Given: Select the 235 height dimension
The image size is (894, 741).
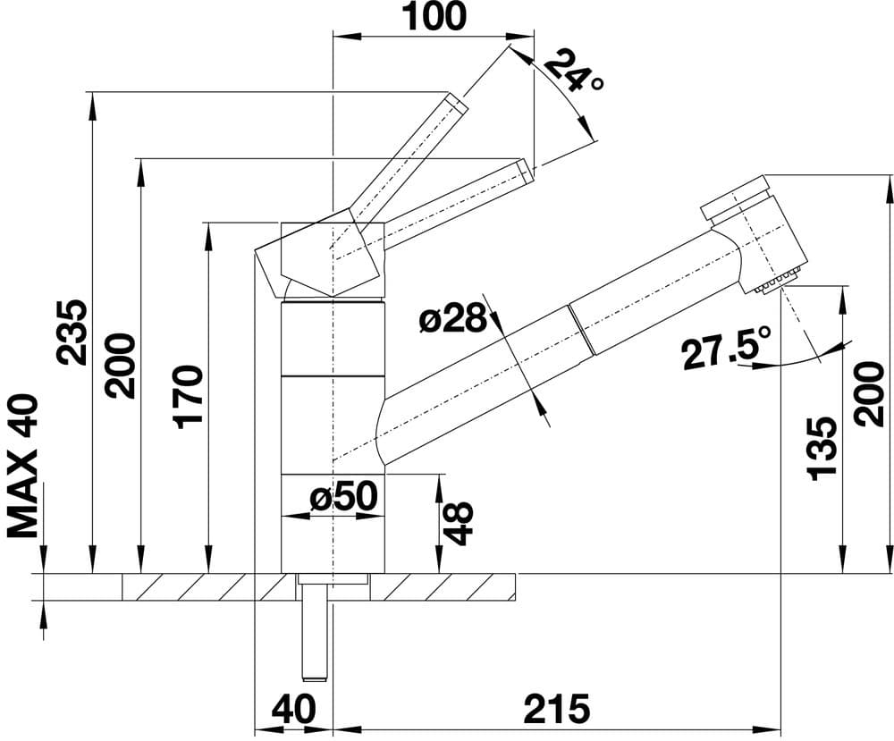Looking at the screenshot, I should pos(72,332).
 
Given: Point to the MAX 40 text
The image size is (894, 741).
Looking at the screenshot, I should pos(25,467).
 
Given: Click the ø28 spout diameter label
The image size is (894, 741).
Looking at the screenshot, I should pos(454,318).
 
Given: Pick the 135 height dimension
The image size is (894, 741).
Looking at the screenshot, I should pos(821,447).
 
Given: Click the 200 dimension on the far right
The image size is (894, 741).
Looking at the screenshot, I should pos(868,392).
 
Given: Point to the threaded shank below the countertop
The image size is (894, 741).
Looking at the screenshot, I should pos(314,635).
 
